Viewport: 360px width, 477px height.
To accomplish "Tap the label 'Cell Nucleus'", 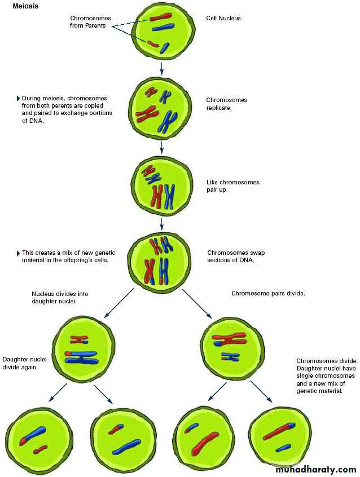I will pyautogui.click(x=224, y=18).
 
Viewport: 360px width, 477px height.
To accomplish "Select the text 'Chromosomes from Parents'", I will pyautogui.click(x=90, y=21).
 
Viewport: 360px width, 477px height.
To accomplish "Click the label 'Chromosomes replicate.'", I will pyautogui.click(x=226, y=104).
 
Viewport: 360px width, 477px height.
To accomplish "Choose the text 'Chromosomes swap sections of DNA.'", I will pyautogui.click(x=236, y=257).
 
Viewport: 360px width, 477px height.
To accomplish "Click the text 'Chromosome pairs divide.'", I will pyautogui.click(x=268, y=293).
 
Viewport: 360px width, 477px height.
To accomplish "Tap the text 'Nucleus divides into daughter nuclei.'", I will pyautogui.click(x=60, y=298).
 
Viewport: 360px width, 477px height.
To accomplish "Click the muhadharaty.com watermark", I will pyautogui.click(x=315, y=469).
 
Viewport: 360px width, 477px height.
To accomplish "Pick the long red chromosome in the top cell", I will pyautogui.click(x=161, y=17).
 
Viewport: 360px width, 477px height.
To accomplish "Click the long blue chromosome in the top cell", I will pyautogui.click(x=163, y=27).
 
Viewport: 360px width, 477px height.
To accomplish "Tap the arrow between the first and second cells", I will pyautogui.click(x=162, y=68).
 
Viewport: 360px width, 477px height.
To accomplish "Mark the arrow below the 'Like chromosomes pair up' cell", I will pyautogui.click(x=162, y=224).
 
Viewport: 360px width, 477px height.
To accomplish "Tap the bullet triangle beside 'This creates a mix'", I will pyautogui.click(x=18, y=253).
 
